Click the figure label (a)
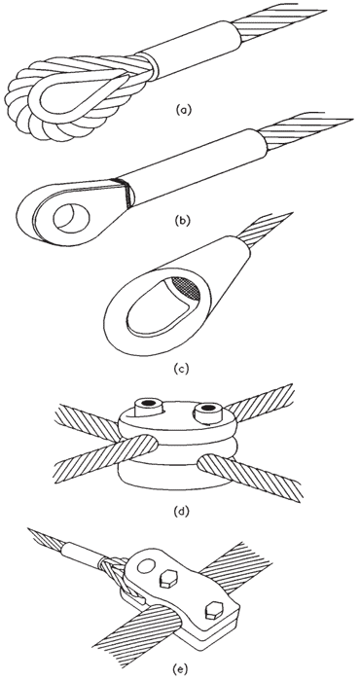pyautogui.click(x=183, y=110)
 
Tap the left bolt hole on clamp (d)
pyautogui.click(x=149, y=404)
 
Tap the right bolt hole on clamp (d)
pyautogui.click(x=208, y=408)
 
